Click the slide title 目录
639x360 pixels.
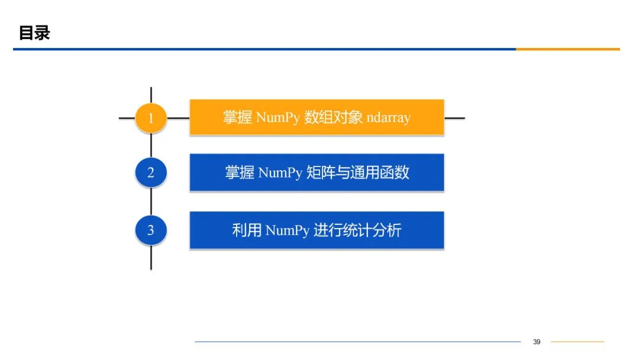click(x=34, y=33)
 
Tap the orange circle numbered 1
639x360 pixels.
click(x=151, y=118)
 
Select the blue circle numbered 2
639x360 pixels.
click(x=151, y=173)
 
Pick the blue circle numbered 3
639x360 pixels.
click(x=151, y=230)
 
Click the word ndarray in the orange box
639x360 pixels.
click(x=388, y=117)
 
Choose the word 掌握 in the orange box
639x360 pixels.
click(x=238, y=117)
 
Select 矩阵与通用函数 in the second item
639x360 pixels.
click(x=358, y=173)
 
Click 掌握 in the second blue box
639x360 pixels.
click(x=240, y=173)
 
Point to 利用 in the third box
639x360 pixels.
click(x=247, y=230)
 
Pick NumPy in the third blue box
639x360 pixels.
click(x=288, y=230)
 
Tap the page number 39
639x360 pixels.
click(x=537, y=342)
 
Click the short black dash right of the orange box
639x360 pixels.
click(x=454, y=118)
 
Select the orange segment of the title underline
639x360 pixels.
click(x=567, y=49)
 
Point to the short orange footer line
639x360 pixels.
click(x=577, y=342)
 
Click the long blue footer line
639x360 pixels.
click(x=357, y=342)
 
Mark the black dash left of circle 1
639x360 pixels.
click(x=127, y=118)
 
